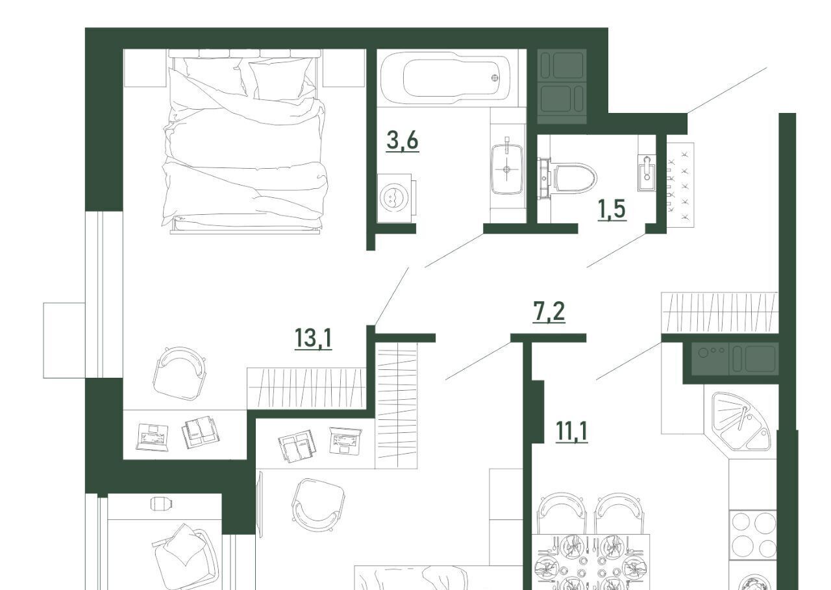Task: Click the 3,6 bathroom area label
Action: pyautogui.click(x=403, y=141)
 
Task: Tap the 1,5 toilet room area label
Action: pyautogui.click(x=612, y=210)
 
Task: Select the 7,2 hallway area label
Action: pyautogui.click(x=549, y=312)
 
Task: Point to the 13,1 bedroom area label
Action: pyautogui.click(x=313, y=339)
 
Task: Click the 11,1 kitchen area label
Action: pyautogui.click(x=572, y=431)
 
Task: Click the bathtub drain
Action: pyautogui.click(x=495, y=78)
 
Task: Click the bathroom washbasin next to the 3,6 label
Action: pyautogui.click(x=507, y=169)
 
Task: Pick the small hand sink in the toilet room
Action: pyautogui.click(x=647, y=173)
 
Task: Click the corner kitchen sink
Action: pyautogui.click(x=739, y=422)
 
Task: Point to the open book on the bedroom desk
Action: pyautogui.click(x=201, y=432)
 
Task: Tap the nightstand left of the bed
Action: pyautogui.click(x=145, y=68)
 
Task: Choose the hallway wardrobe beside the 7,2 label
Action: pyautogui.click(x=720, y=312)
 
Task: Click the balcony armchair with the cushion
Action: pyautogui.click(x=186, y=556)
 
